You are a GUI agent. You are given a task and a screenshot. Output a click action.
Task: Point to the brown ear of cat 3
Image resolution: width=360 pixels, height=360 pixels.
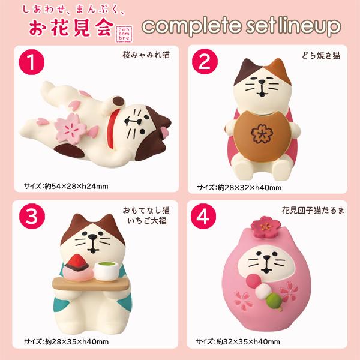(x=77, y=221)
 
